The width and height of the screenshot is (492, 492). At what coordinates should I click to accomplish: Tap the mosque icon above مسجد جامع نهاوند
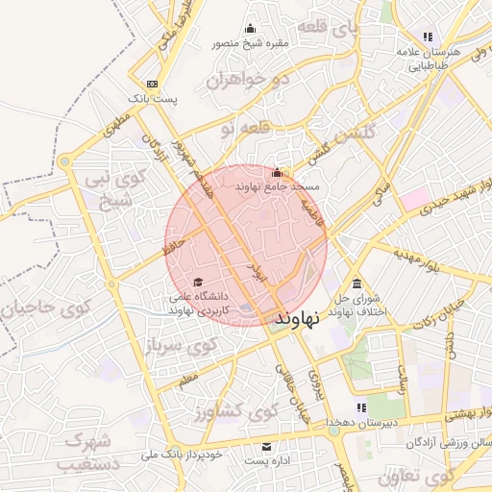[278, 173]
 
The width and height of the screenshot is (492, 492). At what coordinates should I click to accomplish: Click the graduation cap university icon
[199, 283]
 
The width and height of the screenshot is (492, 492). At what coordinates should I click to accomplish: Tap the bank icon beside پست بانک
[152, 85]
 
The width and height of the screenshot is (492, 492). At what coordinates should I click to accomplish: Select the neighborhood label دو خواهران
[247, 80]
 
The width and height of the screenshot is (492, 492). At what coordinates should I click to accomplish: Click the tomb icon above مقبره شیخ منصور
[252, 28]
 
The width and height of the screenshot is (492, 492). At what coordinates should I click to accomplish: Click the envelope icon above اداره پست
[267, 447]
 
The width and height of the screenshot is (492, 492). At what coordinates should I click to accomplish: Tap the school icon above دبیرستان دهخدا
[361, 408]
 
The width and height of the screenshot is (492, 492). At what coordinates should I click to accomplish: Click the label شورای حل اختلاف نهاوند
[357, 304]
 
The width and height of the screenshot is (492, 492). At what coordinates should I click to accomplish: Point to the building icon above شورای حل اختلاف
[357, 283]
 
